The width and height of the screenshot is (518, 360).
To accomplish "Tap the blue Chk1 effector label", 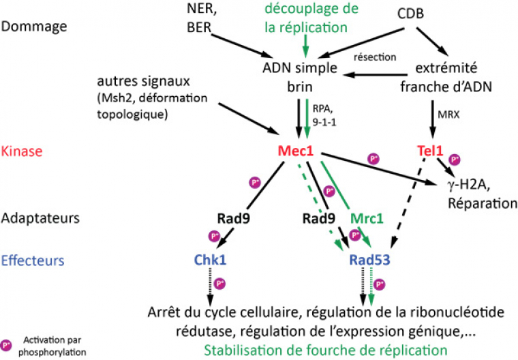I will pos(210,260).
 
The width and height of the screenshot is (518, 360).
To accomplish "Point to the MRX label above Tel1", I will pos(447,114).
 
